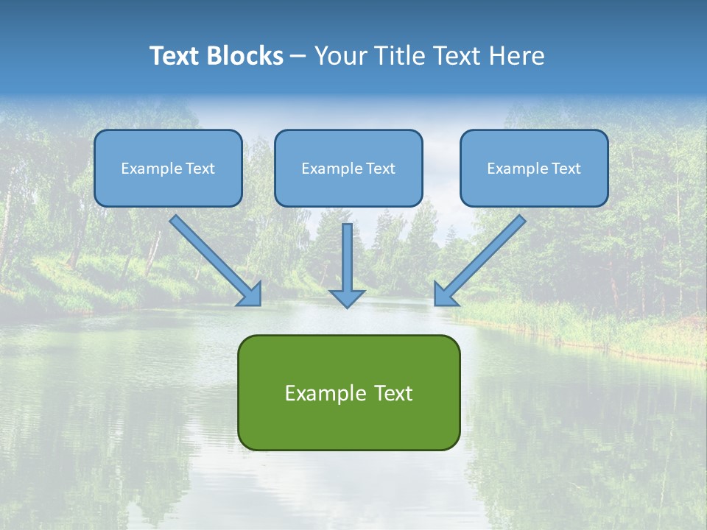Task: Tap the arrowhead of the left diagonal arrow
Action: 251,294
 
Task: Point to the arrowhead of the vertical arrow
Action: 347,297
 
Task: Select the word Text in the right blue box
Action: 566,169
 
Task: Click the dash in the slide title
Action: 298,56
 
